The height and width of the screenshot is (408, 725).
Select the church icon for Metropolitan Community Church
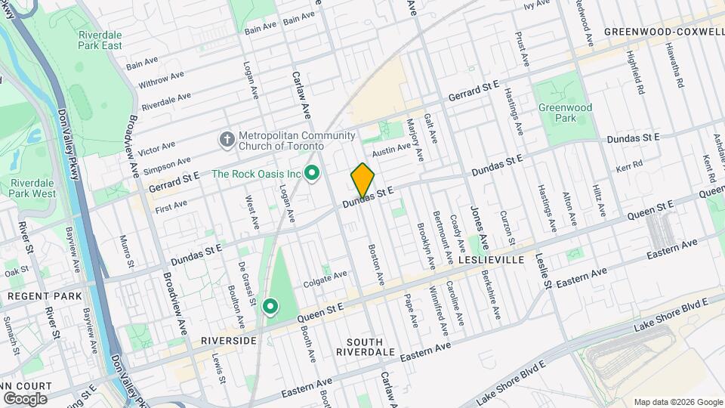[226, 141]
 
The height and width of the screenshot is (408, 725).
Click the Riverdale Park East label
[100, 40]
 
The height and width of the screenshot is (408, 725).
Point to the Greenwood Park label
[565, 113]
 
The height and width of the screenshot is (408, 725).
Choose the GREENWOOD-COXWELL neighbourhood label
[664, 32]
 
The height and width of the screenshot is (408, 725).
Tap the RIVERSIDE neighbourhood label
[229, 341]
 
